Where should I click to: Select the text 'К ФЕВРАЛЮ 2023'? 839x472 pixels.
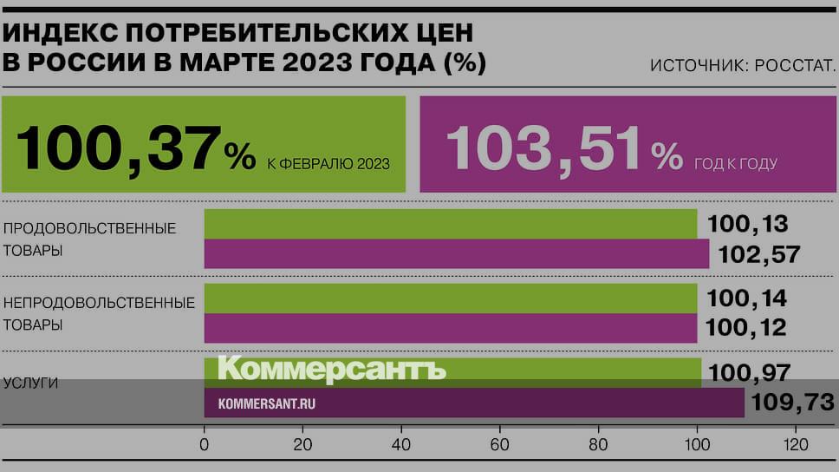click(328, 163)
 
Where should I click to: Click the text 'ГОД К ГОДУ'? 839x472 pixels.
click(736, 163)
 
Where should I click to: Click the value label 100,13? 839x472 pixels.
click(747, 224)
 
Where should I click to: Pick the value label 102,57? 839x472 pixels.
click(753, 254)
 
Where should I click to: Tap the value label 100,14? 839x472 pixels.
click(747, 298)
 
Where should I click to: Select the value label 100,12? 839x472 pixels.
click(747, 328)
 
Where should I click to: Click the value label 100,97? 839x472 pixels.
click(749, 373)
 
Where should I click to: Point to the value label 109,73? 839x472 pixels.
click(791, 402)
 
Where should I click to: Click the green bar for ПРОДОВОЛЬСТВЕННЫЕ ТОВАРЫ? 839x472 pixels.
click(450, 224)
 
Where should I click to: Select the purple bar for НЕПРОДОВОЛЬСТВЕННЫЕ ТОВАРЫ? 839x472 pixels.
click(450, 329)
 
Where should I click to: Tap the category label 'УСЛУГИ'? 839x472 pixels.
click(30, 383)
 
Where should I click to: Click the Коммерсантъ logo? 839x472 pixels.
click(331, 369)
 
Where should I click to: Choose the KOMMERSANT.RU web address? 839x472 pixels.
click(266, 403)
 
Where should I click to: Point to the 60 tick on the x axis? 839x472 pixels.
click(499, 445)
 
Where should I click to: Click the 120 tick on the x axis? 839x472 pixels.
click(795, 445)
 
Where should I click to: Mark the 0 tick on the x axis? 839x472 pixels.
click(205, 445)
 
